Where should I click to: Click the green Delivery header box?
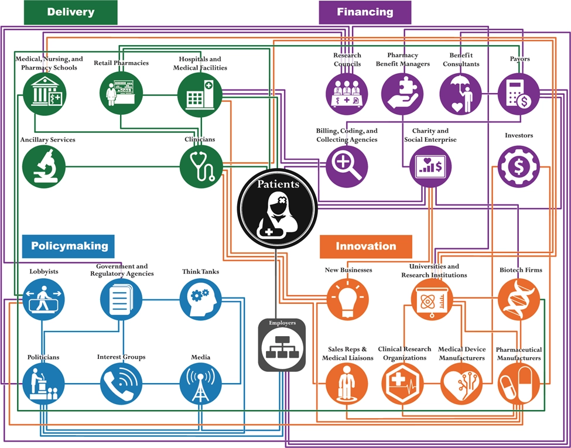click(x=70, y=12)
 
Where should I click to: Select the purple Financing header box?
click(x=365, y=12)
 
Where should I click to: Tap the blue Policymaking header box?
click(x=69, y=246)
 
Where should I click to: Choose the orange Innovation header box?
click(x=365, y=247)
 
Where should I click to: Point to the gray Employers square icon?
click(x=282, y=346)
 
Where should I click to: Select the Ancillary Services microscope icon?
click(x=44, y=166)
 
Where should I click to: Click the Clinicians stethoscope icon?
click(x=201, y=166)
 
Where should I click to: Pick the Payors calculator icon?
click(x=519, y=94)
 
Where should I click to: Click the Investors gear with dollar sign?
click(x=519, y=166)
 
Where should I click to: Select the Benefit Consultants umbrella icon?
click(x=461, y=94)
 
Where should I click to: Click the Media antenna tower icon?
click(x=201, y=384)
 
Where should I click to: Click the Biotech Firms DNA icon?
click(x=519, y=299)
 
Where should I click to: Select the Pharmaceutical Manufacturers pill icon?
click(x=519, y=384)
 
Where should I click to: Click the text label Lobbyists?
click(x=44, y=272)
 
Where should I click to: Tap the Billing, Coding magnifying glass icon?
click(x=347, y=166)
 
